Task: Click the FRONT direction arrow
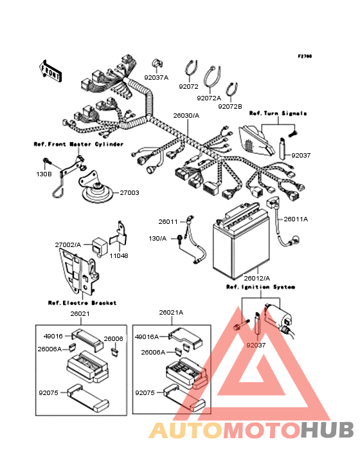tap(50, 71)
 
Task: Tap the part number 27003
tap(130, 193)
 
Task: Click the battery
tap(241, 240)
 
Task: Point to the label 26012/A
tap(256, 278)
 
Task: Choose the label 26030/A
tap(186, 116)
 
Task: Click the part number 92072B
tap(230, 107)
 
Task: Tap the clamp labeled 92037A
tap(157, 64)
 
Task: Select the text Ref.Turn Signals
tap(278, 113)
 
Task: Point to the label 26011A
tap(296, 219)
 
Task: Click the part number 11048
tap(119, 256)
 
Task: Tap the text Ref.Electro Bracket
tap(82, 303)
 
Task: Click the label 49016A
tap(147, 337)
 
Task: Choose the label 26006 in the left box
tap(113, 339)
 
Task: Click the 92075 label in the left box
tap(48, 393)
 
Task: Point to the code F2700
tap(305, 56)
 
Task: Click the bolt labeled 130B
tap(46, 161)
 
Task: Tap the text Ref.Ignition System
tap(261, 287)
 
